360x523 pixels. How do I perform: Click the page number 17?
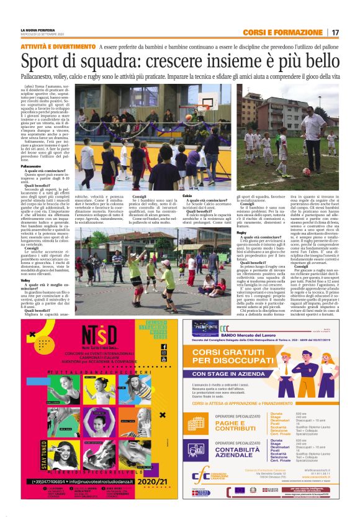(x=335, y=32)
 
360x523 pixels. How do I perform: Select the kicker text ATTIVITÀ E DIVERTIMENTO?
(x=57, y=47)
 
